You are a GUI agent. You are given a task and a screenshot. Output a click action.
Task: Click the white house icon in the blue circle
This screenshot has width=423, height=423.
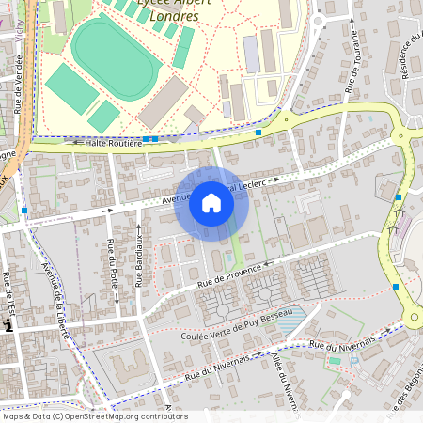click(211, 203)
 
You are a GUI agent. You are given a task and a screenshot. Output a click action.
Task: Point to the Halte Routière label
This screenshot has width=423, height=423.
click(114, 142)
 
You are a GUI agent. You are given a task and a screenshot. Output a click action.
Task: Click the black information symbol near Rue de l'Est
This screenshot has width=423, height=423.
click(8, 325)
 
